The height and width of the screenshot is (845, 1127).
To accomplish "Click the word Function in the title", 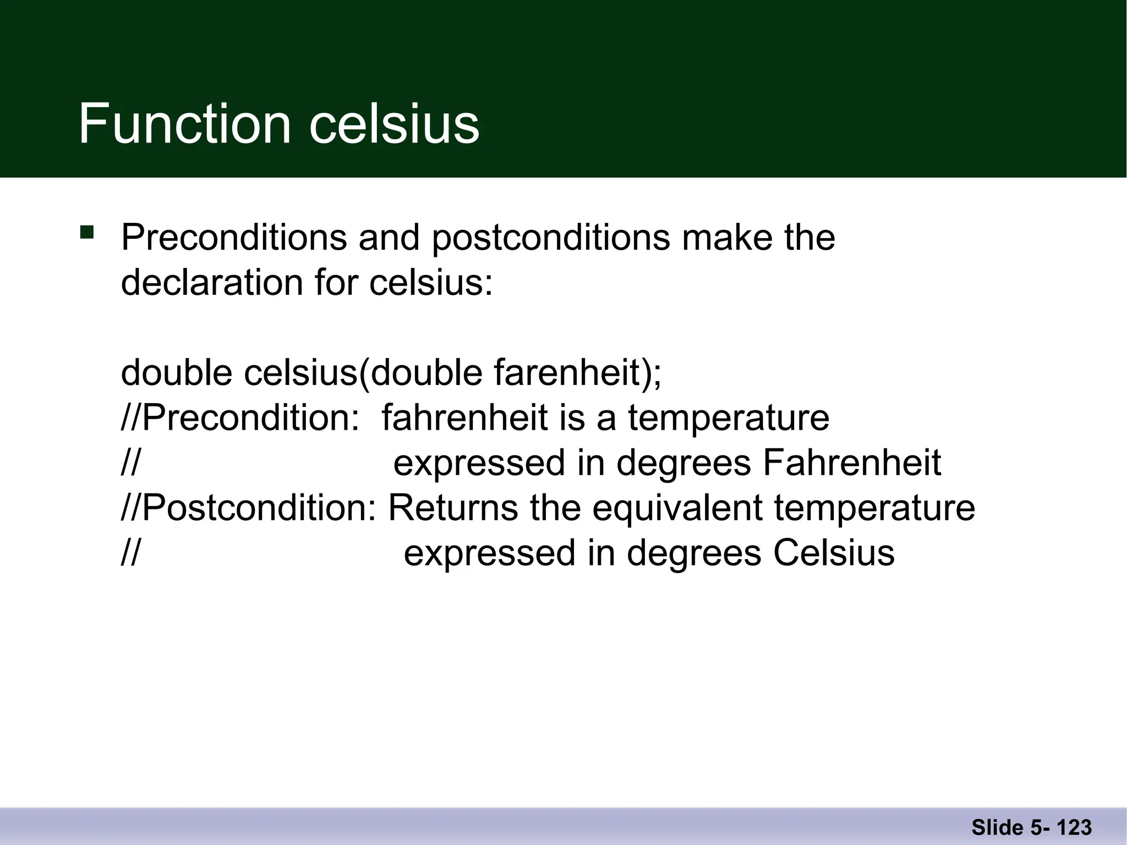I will click(x=184, y=124).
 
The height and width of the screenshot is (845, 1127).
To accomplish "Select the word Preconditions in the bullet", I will click(x=234, y=238).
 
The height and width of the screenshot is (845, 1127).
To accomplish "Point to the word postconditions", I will click(x=551, y=238).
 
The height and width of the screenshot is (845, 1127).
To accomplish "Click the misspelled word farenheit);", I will click(x=577, y=373).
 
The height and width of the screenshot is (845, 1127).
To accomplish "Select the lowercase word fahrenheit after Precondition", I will click(x=464, y=418).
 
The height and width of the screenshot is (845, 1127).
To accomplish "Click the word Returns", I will click(x=453, y=508).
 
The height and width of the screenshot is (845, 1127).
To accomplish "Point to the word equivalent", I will click(x=677, y=508).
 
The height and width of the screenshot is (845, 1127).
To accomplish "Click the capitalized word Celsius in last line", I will click(x=834, y=553).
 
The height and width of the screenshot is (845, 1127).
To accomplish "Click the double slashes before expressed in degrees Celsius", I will click(x=130, y=553).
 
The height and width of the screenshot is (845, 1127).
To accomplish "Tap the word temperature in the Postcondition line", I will click(x=874, y=508).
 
